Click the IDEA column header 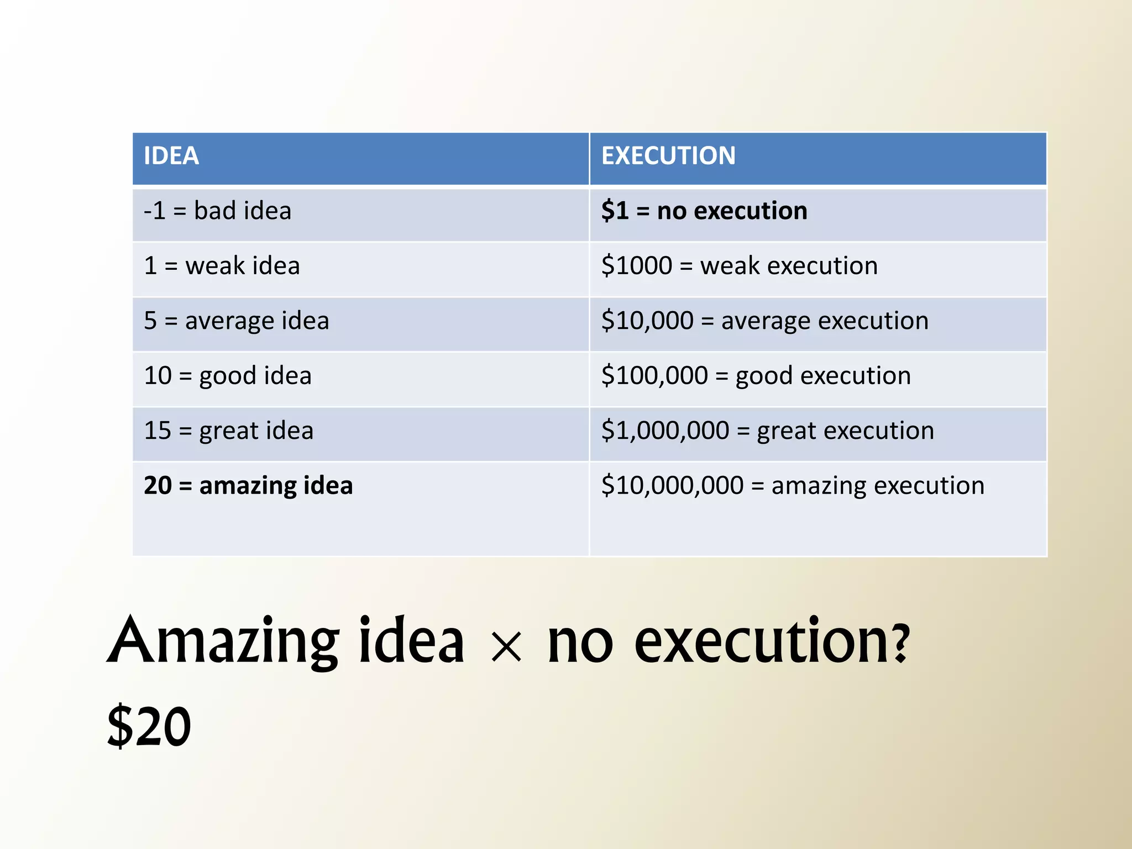click(x=171, y=156)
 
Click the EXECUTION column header click(x=668, y=156)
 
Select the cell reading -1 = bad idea click(x=217, y=211)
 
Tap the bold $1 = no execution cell click(x=704, y=211)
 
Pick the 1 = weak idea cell click(x=222, y=266)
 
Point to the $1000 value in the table click(x=636, y=266)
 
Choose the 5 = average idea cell click(x=236, y=321)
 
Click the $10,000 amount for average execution click(x=647, y=321)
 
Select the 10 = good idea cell click(x=228, y=376)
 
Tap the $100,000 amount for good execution click(x=654, y=376)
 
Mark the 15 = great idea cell click(x=228, y=431)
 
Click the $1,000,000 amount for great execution click(x=665, y=431)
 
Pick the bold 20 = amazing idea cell click(x=248, y=486)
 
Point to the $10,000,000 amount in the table click(x=672, y=486)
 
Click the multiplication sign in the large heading click(x=506, y=647)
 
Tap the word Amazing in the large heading click(x=223, y=641)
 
